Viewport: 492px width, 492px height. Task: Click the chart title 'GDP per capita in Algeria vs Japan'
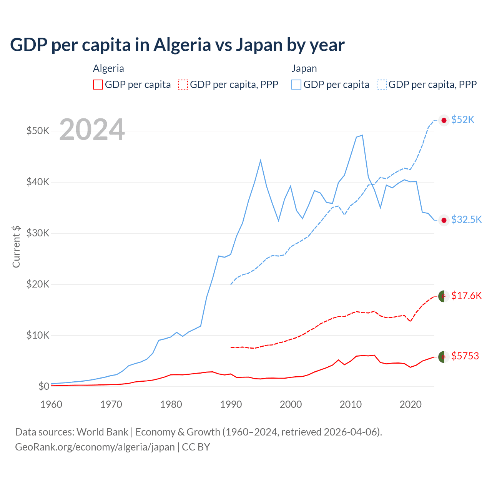(177, 45)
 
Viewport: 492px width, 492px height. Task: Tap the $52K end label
(463, 120)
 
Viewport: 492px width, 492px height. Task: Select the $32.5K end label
(466, 219)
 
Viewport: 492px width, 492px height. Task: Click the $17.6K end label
(466, 296)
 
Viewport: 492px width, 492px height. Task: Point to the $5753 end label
(465, 356)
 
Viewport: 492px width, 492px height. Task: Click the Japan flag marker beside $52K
(444, 120)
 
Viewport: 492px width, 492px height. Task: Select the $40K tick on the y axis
(38, 182)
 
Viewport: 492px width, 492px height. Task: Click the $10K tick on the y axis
(38, 335)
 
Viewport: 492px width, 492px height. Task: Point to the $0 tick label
(44, 386)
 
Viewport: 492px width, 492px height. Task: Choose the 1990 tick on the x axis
(231, 404)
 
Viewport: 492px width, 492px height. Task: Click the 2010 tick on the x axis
(351, 404)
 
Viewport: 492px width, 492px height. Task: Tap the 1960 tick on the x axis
(52, 404)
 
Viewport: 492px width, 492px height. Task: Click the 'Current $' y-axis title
(16, 247)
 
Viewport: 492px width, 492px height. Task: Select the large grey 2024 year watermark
(92, 130)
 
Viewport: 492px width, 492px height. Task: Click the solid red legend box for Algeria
(98, 85)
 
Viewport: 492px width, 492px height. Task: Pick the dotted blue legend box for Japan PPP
(382, 85)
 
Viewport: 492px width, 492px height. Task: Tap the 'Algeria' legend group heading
(108, 68)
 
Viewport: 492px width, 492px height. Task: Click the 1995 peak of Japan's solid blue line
(261, 160)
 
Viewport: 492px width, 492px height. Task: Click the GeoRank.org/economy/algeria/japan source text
(95, 447)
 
